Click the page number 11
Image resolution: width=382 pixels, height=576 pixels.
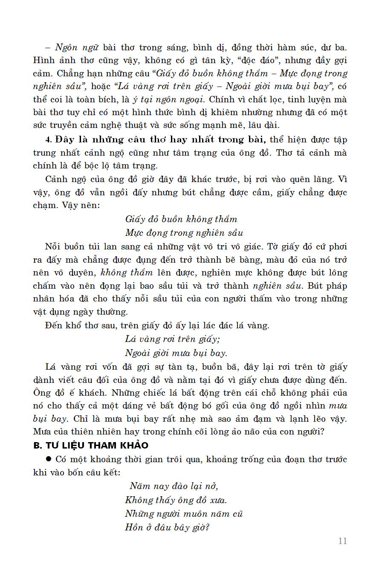pos(342,541)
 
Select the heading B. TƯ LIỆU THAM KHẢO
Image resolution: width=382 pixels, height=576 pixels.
pos(91,446)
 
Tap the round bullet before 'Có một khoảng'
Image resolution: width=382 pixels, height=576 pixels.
pos(48,459)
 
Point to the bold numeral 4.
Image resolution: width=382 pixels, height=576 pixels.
pos(48,140)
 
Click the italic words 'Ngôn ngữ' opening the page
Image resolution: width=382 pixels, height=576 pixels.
pos(77,47)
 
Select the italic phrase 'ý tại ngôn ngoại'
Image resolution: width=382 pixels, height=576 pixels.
pos(168,99)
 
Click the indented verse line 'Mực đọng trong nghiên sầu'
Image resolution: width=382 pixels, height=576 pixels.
pos(184,233)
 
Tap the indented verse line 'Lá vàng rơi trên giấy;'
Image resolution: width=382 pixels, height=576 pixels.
pos(172,339)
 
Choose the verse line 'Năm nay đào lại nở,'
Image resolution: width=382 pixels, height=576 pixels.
pos(174,486)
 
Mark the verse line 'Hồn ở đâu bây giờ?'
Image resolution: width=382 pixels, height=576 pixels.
pos(167,527)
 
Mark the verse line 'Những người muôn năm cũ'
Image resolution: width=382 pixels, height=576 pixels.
pos(184,514)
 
